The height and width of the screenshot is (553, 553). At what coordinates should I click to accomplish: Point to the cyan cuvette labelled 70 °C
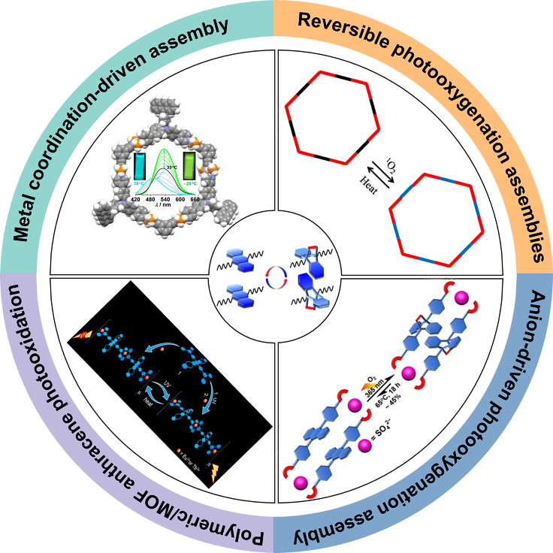pos(141,167)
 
